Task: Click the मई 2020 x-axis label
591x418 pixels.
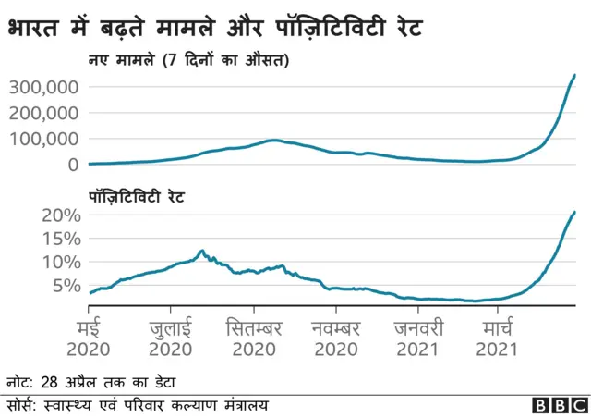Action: click(x=88, y=338)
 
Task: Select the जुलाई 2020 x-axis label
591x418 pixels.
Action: click(x=170, y=338)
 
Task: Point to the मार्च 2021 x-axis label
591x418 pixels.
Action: click(x=496, y=338)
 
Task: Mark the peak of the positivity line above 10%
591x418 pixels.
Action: click(x=201, y=251)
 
